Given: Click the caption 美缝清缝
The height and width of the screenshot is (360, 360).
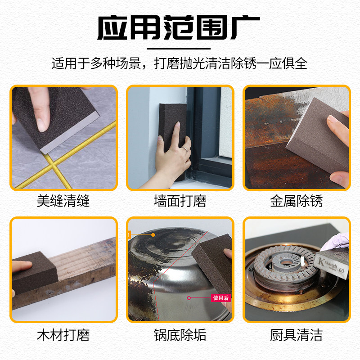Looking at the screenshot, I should click(x=63, y=201).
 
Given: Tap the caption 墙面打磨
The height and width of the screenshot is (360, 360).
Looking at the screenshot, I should click(x=180, y=201).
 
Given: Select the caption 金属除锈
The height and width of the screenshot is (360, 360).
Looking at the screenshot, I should click(x=297, y=201).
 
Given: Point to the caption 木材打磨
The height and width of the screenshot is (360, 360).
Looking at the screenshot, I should click(x=63, y=335).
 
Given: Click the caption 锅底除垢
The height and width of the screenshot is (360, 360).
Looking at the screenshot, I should click(x=180, y=335).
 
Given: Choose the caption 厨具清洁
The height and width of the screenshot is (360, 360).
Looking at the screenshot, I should click(x=297, y=335).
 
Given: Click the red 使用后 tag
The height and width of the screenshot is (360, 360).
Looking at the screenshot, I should click(x=221, y=298).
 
